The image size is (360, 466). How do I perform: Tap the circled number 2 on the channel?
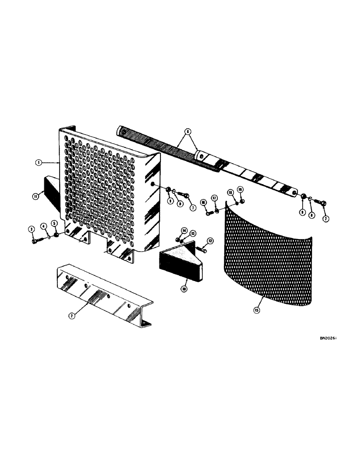point(72,315)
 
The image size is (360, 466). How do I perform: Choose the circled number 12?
point(211,240)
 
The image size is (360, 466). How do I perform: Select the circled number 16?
point(204,202)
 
